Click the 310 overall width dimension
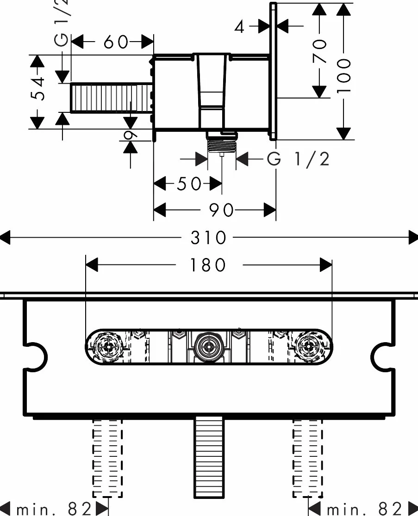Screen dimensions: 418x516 tap(208, 238)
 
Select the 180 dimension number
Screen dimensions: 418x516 tap(208, 265)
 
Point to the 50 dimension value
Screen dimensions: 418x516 tap(189, 184)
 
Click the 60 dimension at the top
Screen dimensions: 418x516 tap(116, 42)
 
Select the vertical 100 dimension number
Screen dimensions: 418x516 tap(343, 76)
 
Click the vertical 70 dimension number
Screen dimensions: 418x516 tap(319, 51)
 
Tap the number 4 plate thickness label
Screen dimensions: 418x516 tap(240, 27)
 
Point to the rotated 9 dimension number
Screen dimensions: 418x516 tap(131, 134)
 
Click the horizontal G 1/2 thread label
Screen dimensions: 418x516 tap(298, 159)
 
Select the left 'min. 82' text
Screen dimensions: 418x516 tap(54, 509)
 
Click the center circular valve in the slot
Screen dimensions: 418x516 tap(208, 346)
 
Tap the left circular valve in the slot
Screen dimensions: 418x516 tap(108, 346)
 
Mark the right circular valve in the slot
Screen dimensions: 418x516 tap(309, 346)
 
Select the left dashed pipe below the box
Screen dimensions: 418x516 tap(107, 459)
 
